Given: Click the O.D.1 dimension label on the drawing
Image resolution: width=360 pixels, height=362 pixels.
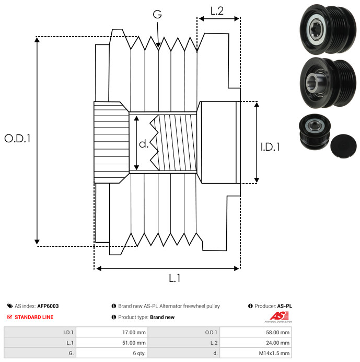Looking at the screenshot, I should (17, 139).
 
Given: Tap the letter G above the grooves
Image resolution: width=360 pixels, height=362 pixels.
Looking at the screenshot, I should (157, 15).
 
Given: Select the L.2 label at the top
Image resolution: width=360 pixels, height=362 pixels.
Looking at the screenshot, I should (217, 10).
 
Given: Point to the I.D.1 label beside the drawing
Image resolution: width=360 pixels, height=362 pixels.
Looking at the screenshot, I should (270, 148).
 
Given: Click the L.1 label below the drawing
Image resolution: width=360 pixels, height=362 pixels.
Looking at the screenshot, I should (175, 279).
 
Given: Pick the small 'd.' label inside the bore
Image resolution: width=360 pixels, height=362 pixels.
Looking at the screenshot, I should (144, 144).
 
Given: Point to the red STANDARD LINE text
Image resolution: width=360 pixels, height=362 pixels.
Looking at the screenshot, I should (33, 317).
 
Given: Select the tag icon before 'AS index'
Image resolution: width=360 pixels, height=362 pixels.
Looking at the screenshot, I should (10, 306).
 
